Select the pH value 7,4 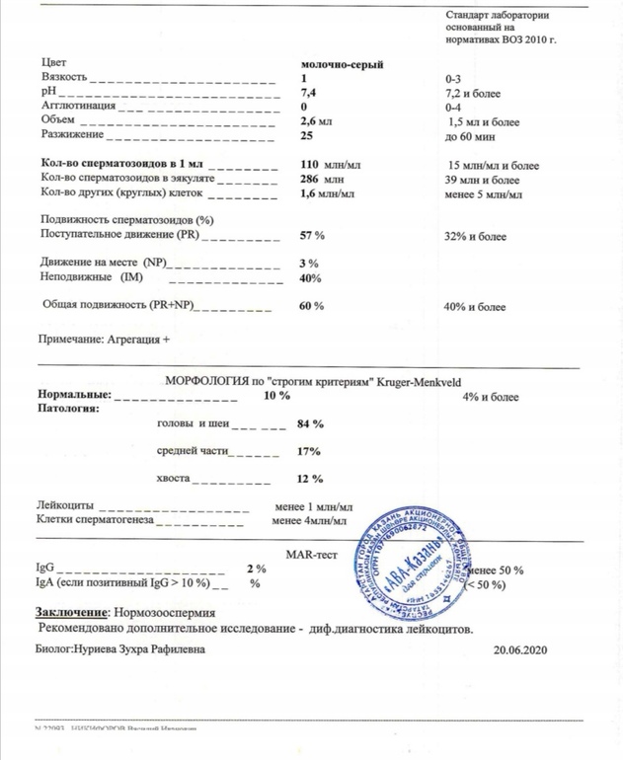(308, 92)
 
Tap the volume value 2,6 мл (318, 120)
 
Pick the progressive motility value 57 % (312, 237)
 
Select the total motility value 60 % (311, 307)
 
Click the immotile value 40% (310, 278)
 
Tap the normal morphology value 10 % (275, 395)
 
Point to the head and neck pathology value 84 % (310, 424)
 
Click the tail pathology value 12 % (310, 479)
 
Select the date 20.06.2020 (518, 650)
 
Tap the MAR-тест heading (312, 555)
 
